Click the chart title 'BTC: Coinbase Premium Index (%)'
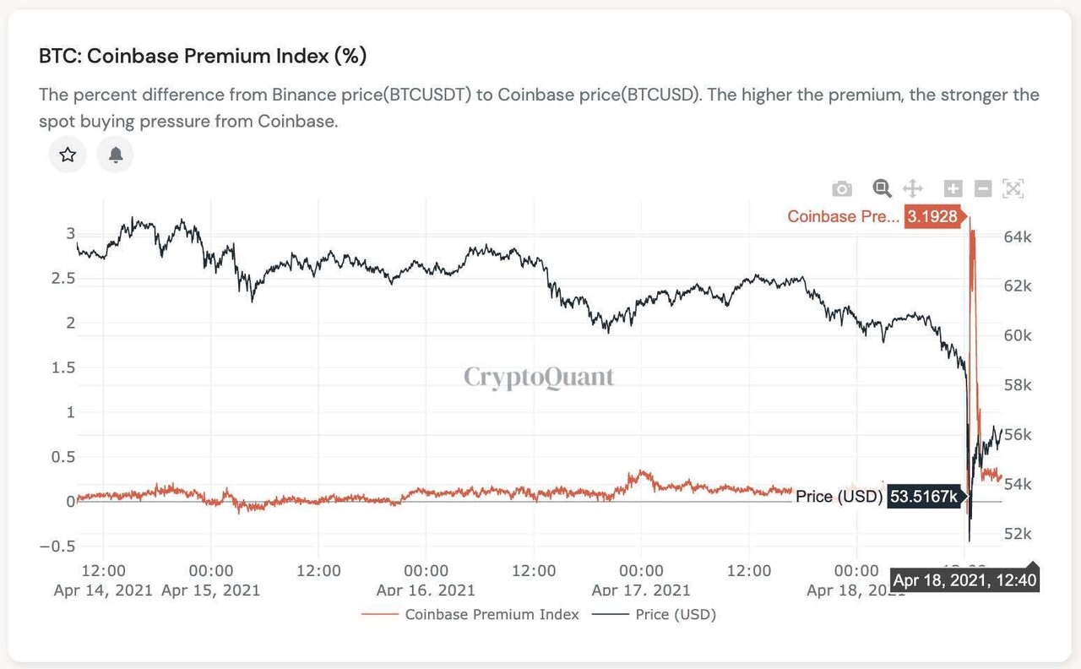[203, 57]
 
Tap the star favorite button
[68, 155]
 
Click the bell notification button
[116, 155]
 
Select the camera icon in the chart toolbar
[842, 188]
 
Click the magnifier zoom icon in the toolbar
[882, 188]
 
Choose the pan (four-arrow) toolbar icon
[913, 188]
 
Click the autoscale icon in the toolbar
[1013, 188]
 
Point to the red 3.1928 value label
[932, 216]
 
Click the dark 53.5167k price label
[924, 497]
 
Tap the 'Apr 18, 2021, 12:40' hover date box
[964, 580]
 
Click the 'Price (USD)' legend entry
[675, 614]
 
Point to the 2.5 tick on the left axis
[63, 278]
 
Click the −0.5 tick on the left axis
[57, 546]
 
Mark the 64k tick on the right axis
[1017, 237]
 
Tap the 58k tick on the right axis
[1017, 385]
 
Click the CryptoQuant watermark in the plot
[539, 377]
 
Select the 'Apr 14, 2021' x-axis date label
[103, 590]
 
